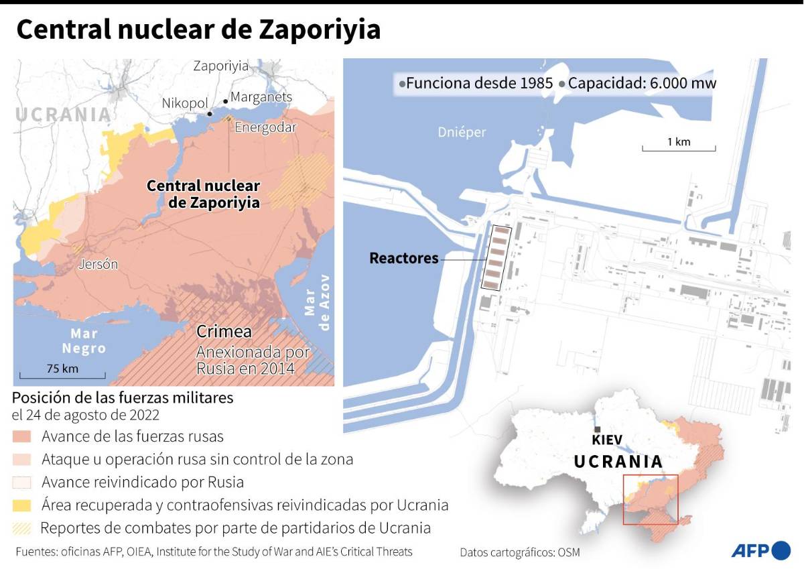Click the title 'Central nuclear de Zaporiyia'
coord(198,29)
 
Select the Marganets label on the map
coord(261,97)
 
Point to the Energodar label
coord(265,127)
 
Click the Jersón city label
coord(98,264)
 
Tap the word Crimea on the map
coord(224,332)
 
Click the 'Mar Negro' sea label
coord(84,341)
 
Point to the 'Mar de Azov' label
coord(318,302)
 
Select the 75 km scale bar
coord(62,374)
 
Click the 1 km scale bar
coord(678,147)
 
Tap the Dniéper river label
coord(462,132)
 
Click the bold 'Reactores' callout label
coord(404,258)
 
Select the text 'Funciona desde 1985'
coord(479,84)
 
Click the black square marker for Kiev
coord(596,429)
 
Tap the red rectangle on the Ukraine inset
coord(650,499)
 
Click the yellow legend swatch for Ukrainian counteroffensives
coord(22,505)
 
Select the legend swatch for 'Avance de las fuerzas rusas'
coord(22,436)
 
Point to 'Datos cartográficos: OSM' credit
coord(520,552)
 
